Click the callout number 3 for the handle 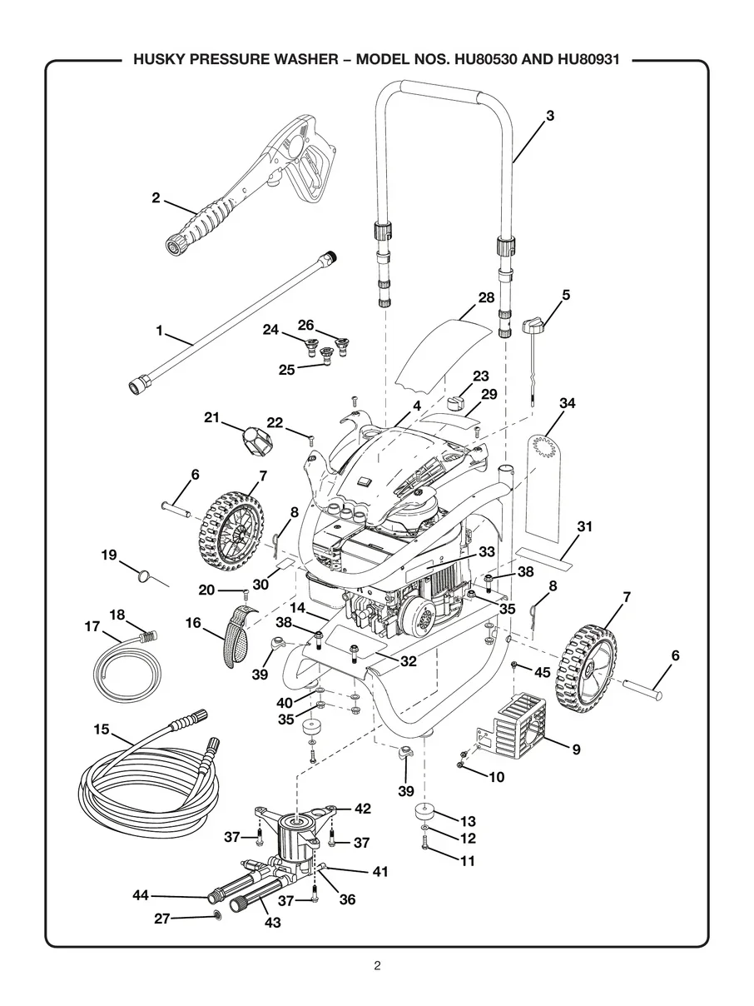coord(550,116)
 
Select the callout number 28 coord(486,297)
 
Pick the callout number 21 coord(211,418)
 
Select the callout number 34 coord(568,403)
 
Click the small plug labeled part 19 coord(145,575)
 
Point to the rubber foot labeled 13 coord(424,813)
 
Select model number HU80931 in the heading coord(588,60)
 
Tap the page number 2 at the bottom coord(377,953)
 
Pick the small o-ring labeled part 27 coord(216,916)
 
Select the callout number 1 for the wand coord(159,331)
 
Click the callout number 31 coord(584,526)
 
